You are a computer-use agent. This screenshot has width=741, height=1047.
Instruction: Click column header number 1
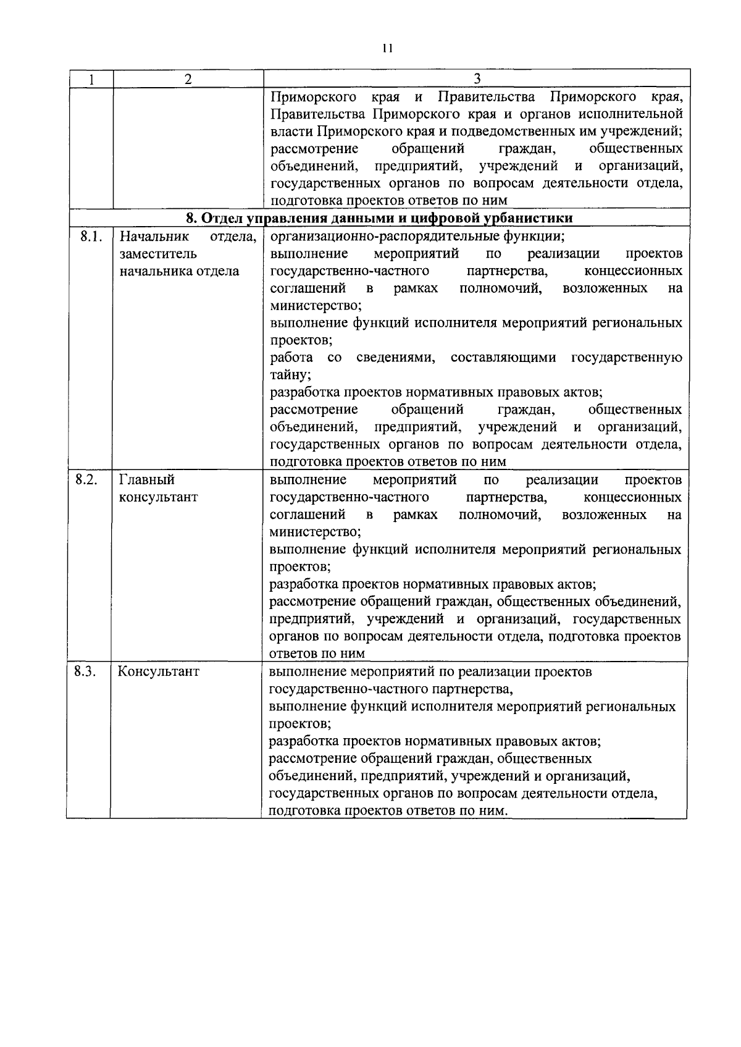91,80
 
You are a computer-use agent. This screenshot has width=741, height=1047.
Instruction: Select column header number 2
188,80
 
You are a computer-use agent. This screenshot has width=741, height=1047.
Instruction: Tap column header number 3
476,78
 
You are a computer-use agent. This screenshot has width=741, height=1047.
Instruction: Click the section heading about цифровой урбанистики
379,218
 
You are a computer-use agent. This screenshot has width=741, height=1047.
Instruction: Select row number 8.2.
87,480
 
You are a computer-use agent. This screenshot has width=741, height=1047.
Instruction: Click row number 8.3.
85,671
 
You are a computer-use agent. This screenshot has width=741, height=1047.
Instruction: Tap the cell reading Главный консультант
158,489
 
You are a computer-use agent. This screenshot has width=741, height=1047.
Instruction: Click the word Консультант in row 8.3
159,671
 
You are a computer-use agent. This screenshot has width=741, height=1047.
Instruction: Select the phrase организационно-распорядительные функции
417,237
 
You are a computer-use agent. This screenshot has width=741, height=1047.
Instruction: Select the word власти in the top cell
293,132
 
